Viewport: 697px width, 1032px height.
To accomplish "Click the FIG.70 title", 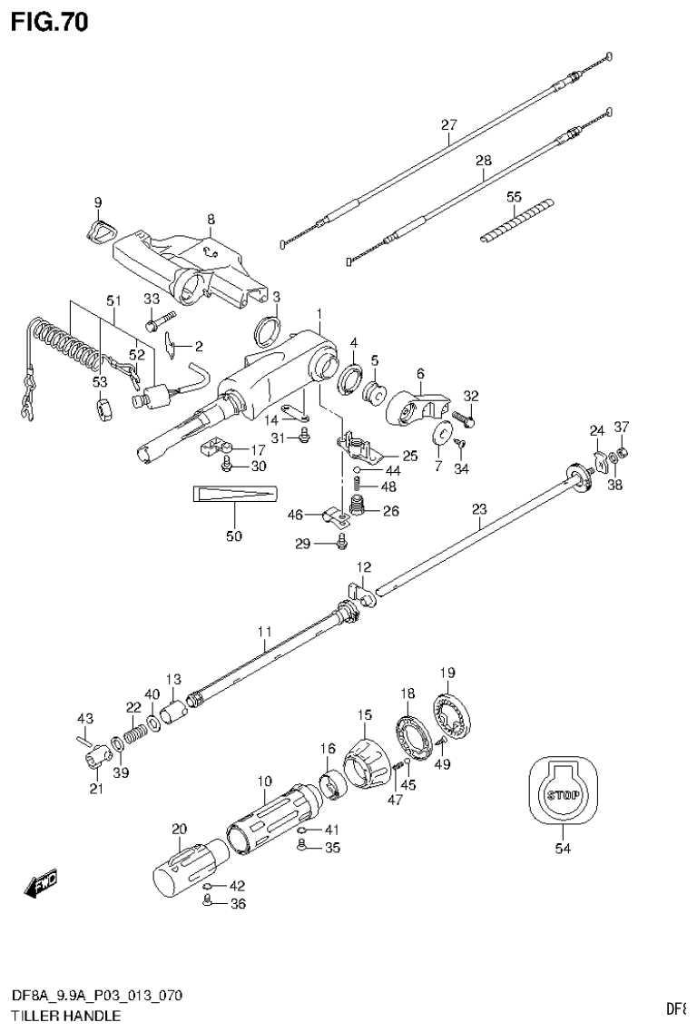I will tap(50, 22).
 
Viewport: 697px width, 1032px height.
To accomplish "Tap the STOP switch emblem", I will tap(561, 794).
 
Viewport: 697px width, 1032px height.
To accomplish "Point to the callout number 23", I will tap(478, 510).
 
